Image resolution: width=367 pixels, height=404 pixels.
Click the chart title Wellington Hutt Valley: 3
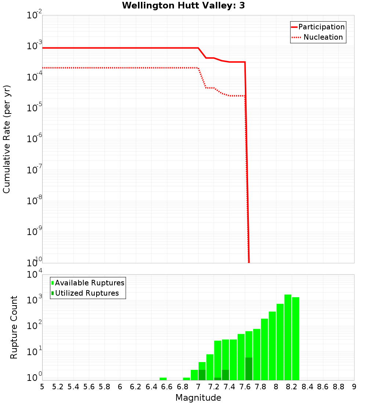183,6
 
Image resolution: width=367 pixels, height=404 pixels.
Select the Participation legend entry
321,27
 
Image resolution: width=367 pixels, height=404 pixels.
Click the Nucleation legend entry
323,37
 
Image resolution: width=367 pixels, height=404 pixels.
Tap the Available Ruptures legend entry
90,283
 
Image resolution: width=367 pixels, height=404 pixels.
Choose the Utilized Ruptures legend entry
87,293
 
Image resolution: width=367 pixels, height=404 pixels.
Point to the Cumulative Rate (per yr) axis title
7,139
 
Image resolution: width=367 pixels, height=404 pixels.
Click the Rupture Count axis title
14,327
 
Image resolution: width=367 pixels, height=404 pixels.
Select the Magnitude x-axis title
198,398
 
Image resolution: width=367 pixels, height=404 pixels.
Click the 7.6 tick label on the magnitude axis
245,387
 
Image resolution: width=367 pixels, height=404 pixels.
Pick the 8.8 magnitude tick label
338,387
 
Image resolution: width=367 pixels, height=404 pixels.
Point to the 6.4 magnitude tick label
151,387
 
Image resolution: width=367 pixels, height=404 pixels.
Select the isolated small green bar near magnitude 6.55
163,379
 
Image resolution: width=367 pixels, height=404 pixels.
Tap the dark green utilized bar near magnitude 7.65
249,369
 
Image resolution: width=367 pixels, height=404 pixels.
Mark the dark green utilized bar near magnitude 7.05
202,375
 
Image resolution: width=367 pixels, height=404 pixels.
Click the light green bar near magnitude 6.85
186,379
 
